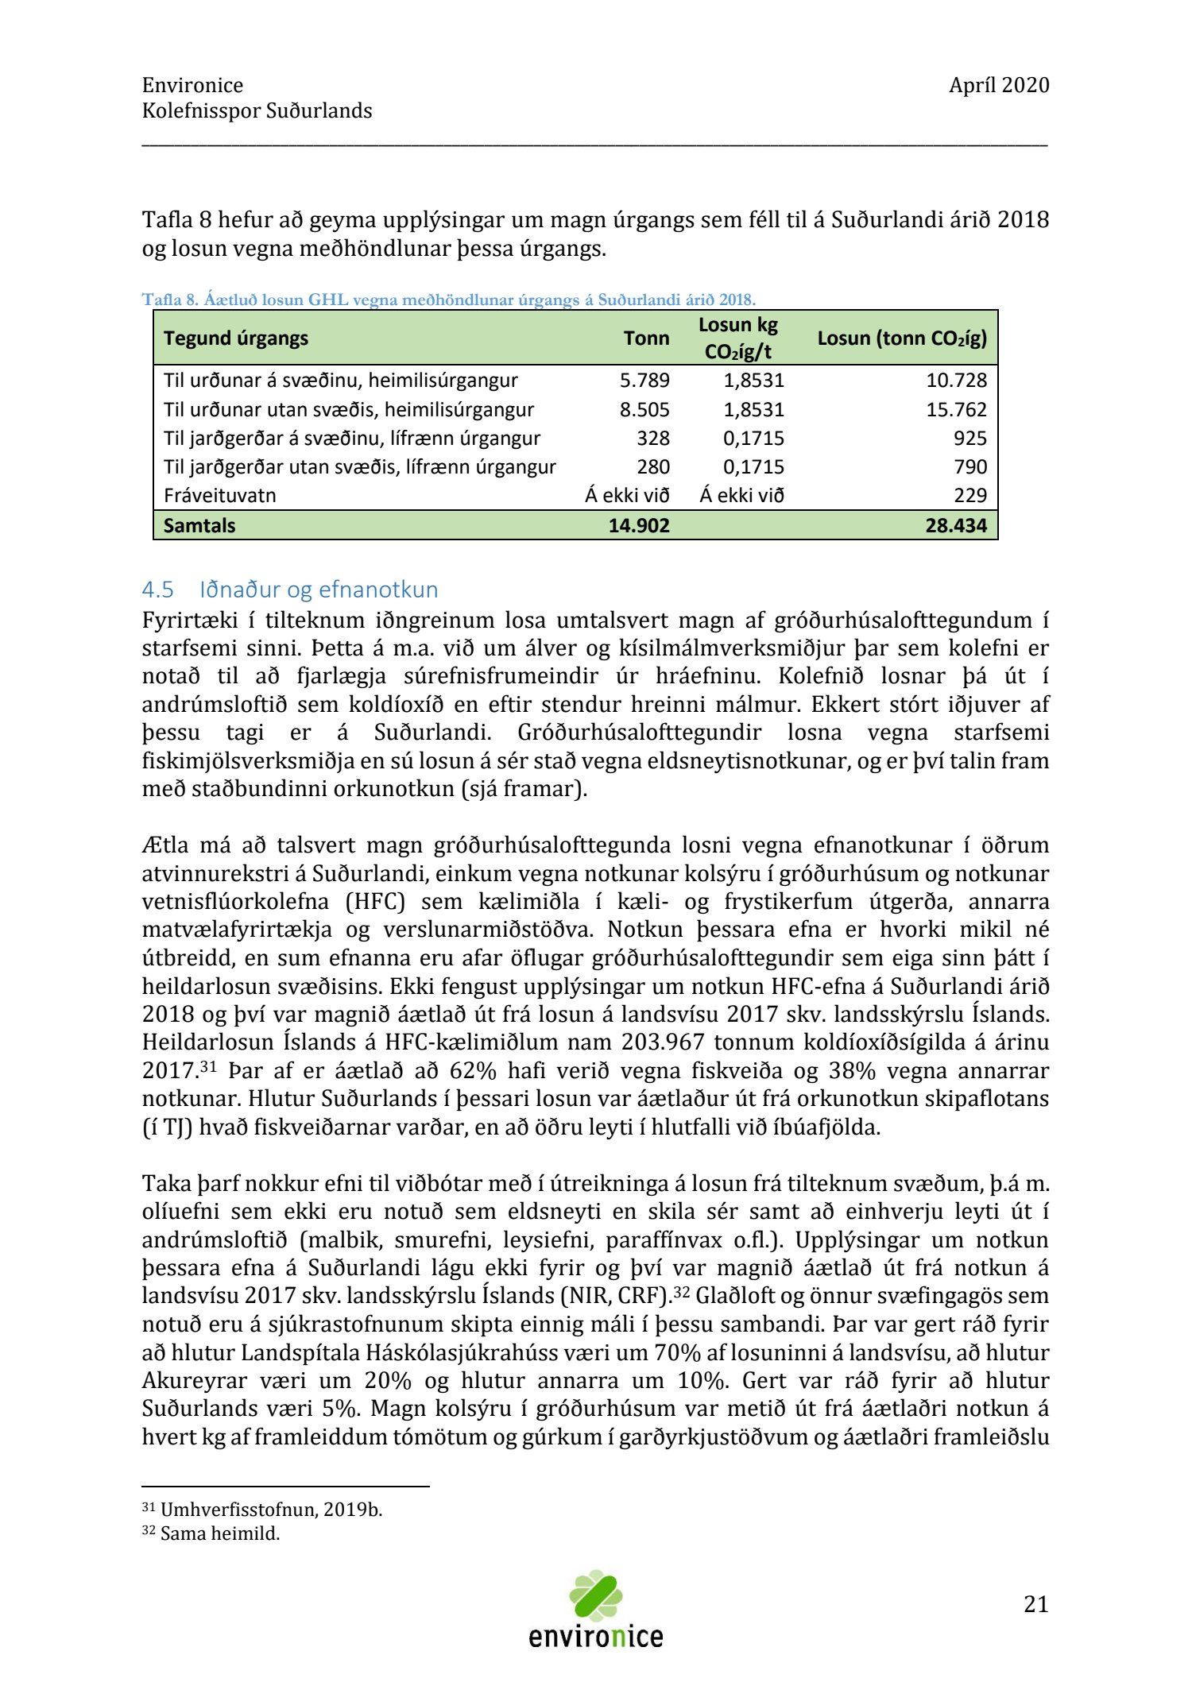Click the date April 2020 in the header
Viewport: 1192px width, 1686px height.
click(x=998, y=85)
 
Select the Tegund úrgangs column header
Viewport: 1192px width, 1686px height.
click(x=236, y=338)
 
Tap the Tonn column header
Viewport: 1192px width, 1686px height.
click(x=646, y=338)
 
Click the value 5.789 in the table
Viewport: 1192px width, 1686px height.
click(x=644, y=381)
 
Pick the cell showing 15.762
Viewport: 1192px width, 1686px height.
click(x=956, y=410)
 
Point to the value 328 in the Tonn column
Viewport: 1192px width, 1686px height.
click(x=653, y=439)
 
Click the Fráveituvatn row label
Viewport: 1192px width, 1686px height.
click(x=220, y=496)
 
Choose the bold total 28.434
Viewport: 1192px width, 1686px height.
click(x=956, y=525)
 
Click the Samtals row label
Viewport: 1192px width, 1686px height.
click(x=199, y=525)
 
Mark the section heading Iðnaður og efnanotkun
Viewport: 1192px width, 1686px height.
click(x=319, y=590)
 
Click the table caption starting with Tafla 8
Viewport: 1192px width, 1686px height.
click(x=449, y=300)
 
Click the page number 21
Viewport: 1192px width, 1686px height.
click(x=1035, y=1604)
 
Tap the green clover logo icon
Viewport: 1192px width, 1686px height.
click(x=595, y=1595)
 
